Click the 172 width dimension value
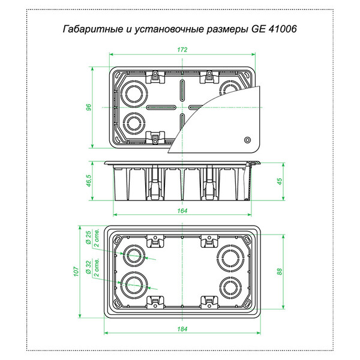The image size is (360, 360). point(182,50)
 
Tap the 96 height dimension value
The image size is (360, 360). point(89,107)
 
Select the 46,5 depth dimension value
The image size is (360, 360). point(89,181)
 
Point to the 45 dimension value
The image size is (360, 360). point(280,181)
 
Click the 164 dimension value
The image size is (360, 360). point(182,211)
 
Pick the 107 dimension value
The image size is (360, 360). point(76,272)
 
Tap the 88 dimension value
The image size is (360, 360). point(280,272)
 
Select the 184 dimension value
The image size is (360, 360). point(182,329)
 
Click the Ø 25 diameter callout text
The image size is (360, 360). point(88,237)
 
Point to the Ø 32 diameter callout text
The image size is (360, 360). point(88,267)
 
